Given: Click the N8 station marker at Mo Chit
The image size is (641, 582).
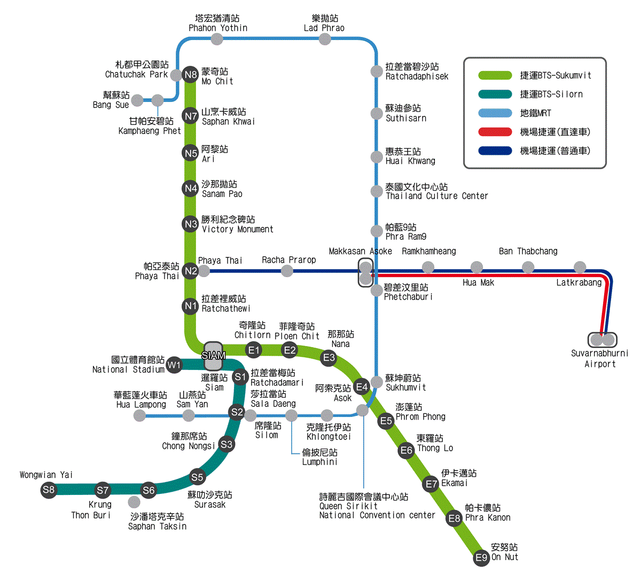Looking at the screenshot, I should [191, 74].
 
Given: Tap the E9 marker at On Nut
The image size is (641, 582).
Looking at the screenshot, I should [482, 558].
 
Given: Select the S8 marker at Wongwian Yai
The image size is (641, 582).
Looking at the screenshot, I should [49, 490].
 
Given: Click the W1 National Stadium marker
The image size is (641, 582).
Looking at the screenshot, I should [174, 365].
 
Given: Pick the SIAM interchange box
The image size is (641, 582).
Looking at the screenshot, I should [213, 356].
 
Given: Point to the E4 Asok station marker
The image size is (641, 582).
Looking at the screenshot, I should [362, 387].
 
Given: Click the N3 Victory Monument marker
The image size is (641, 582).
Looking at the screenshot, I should [191, 224].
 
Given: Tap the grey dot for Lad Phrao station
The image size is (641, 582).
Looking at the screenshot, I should [325, 39].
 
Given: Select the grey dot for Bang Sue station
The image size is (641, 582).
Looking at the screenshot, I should [137, 100].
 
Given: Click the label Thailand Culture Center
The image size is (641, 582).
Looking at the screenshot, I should [437, 196].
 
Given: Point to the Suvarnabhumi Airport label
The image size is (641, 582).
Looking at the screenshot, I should [600, 359].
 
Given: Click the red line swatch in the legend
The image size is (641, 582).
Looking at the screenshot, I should [495, 132].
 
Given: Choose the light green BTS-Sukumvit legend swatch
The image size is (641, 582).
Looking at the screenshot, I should [495, 75].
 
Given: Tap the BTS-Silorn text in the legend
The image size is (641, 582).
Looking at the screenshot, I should [551, 95].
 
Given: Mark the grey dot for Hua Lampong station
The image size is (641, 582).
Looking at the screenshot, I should [139, 415].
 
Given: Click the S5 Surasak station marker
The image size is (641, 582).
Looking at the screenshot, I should [197, 477].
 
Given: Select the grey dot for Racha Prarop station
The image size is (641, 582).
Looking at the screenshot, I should [287, 271].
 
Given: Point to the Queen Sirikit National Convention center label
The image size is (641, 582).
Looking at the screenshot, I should [377, 506].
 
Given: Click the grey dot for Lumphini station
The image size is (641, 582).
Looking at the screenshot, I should [291, 415].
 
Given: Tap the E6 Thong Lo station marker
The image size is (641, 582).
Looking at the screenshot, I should [407, 450].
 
